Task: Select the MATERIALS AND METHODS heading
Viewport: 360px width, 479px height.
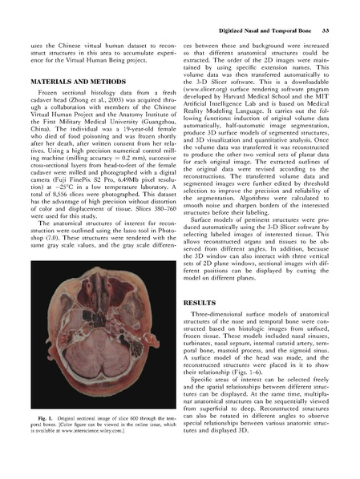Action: tap(75, 83)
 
